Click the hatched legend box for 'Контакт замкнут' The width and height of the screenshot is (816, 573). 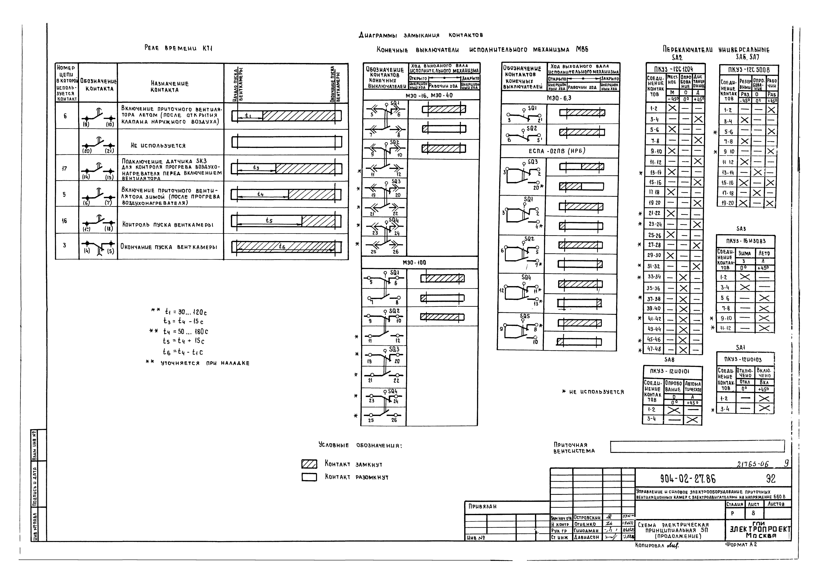point(309,464)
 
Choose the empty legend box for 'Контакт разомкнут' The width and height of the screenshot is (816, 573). point(309,477)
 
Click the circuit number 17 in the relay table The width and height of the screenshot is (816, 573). point(64,168)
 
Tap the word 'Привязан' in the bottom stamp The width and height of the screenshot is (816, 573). point(482,506)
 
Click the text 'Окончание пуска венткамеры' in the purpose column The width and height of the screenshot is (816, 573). point(168,247)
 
